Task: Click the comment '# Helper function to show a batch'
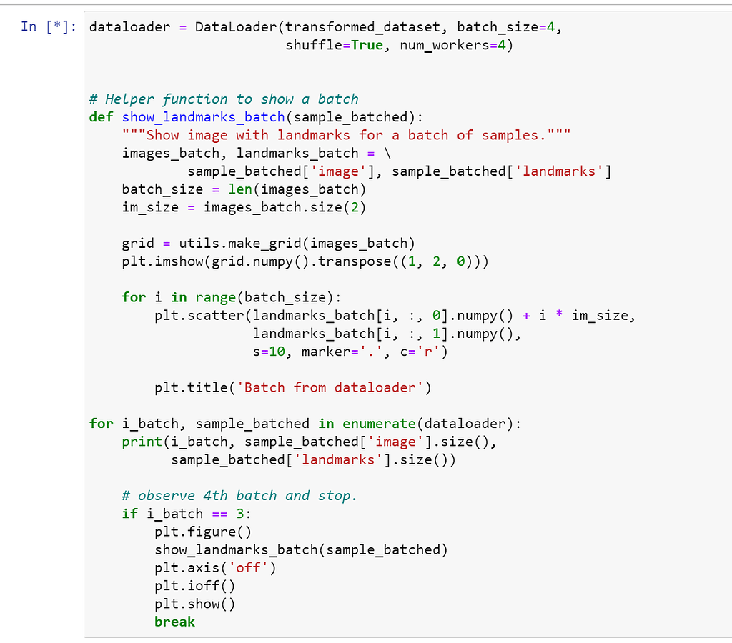[x=224, y=99]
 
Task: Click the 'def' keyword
[x=101, y=117]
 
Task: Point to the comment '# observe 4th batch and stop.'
[x=239, y=495]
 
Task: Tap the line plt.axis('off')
[x=215, y=567]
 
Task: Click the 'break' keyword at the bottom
[x=174, y=622]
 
